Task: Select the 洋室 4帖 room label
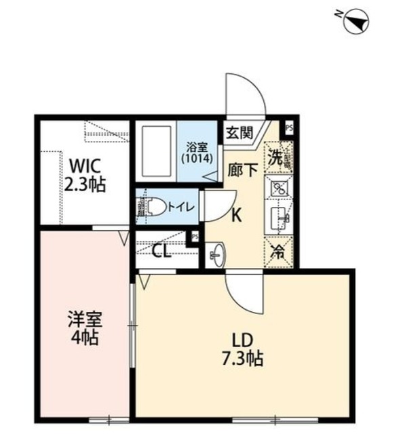tap(83, 327)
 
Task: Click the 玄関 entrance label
tap(239, 132)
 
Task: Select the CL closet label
tap(161, 252)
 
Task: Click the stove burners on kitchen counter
tap(279, 189)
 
